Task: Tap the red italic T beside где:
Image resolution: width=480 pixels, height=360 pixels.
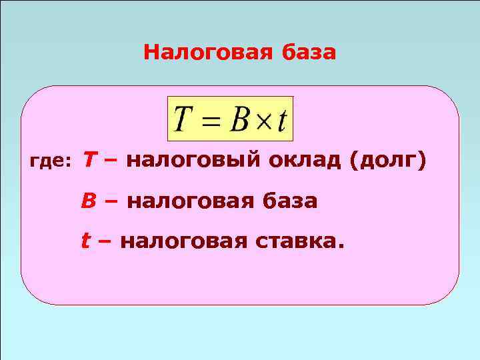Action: click(88, 160)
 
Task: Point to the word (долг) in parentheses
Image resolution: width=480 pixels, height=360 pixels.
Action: click(386, 161)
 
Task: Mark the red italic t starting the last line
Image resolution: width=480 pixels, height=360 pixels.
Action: click(85, 241)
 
